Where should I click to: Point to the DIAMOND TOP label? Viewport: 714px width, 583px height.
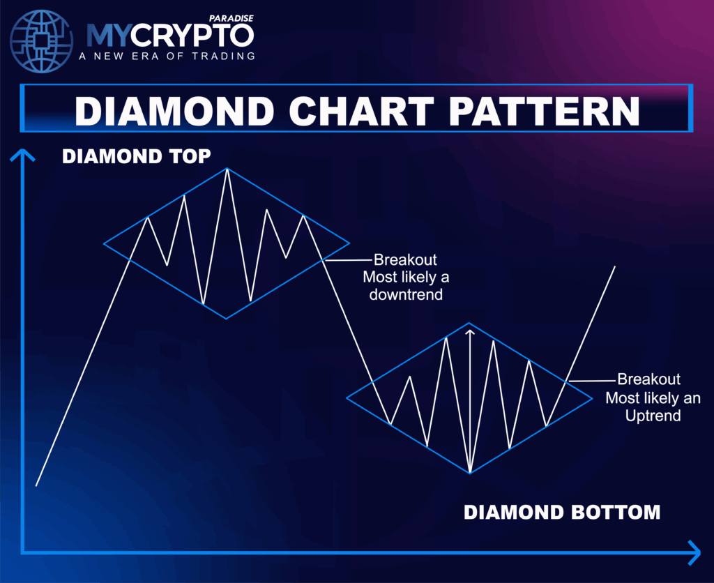pos(136,156)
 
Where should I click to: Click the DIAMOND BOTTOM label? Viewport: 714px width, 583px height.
pos(561,512)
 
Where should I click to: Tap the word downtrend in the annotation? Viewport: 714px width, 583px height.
pos(407,294)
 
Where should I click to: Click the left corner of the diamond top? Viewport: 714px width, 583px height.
pos(104,243)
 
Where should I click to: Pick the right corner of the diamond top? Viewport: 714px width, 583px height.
pos(349,243)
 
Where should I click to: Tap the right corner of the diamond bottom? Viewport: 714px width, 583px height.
pos(593,399)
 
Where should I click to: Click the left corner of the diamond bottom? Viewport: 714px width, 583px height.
pos(347,399)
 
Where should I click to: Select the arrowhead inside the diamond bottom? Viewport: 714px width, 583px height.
pos(470,334)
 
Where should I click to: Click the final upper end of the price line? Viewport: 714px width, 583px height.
pos(615,266)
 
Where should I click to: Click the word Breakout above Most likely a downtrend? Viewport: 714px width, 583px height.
pos(405,260)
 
